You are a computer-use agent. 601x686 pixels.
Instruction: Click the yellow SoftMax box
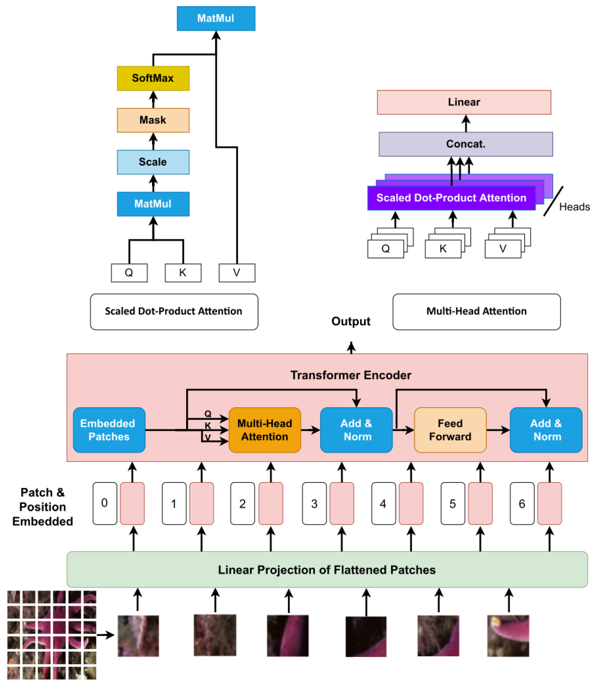click(153, 78)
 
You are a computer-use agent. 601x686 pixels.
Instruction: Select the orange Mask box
click(153, 120)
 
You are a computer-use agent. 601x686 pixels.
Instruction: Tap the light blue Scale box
click(153, 162)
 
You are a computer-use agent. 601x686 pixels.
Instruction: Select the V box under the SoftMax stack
click(237, 273)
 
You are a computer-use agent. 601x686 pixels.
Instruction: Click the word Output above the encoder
click(351, 321)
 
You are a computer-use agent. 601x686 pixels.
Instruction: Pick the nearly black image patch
click(366, 636)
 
